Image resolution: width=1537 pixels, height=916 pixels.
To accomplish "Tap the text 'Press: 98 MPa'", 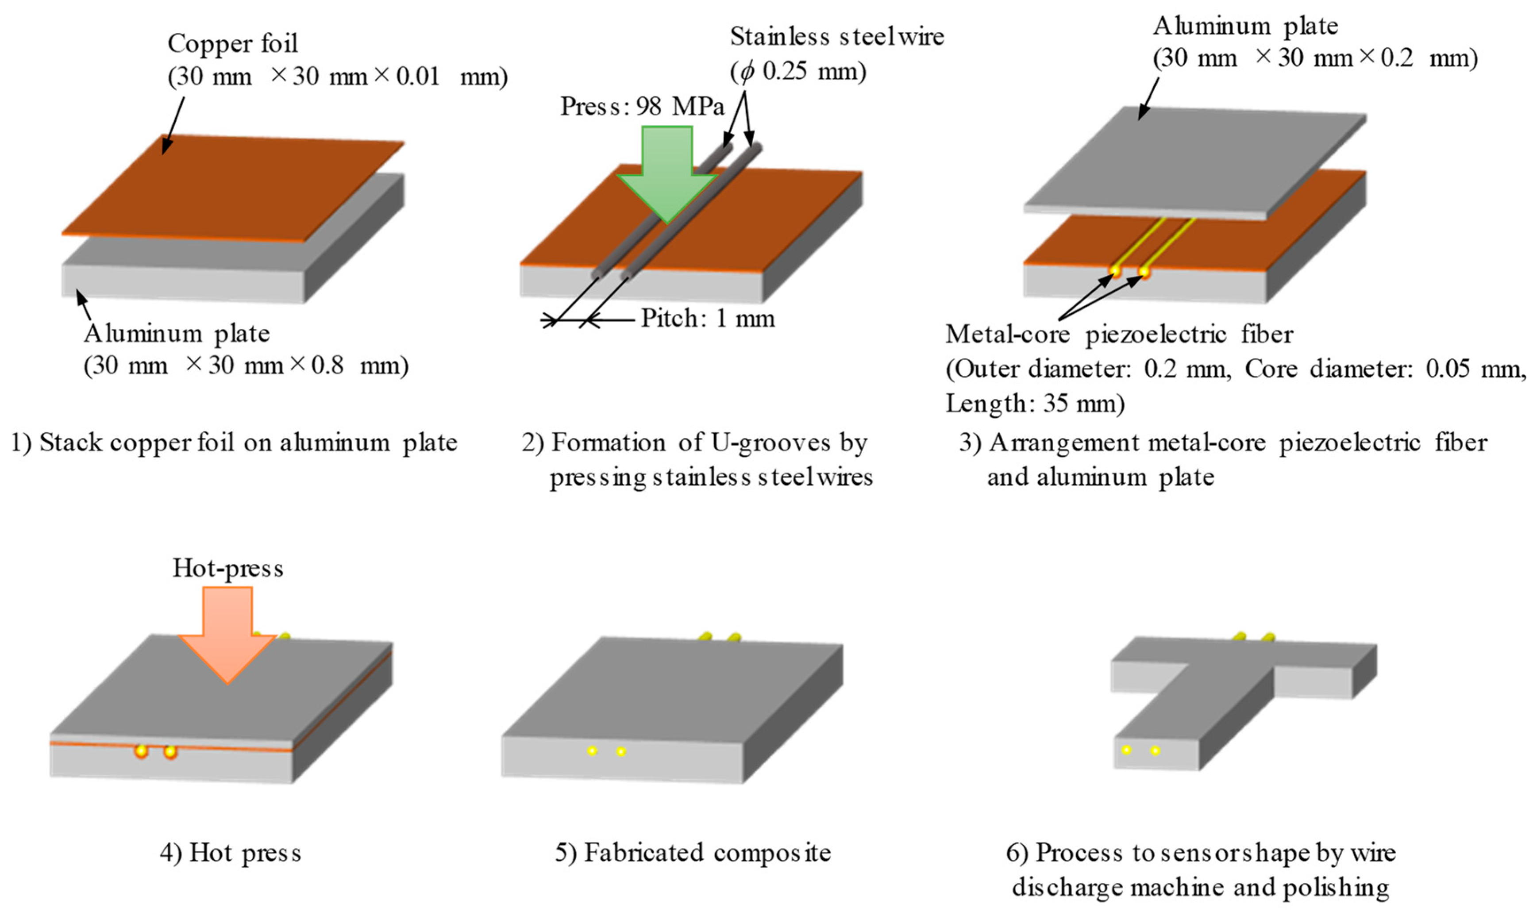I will tap(642, 106).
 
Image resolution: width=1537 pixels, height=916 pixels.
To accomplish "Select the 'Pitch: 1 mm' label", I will tap(707, 319).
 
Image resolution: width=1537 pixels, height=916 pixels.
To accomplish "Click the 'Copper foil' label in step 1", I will tap(233, 43).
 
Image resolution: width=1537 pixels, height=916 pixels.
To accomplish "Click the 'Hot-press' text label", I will tap(228, 568).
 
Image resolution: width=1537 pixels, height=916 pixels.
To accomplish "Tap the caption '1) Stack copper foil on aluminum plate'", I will tap(235, 443).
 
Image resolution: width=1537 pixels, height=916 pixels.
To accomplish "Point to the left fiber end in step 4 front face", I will tap(141, 751).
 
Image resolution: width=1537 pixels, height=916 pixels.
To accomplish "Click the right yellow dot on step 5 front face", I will tap(621, 752).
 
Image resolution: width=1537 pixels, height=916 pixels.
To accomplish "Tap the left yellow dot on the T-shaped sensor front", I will tap(1126, 750).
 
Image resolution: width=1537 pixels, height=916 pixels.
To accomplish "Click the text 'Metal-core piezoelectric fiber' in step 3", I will tap(1118, 334).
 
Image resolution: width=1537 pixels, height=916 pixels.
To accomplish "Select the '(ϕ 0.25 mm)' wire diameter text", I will tap(798, 72).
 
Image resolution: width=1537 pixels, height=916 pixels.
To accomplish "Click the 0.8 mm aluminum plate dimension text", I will tap(246, 366).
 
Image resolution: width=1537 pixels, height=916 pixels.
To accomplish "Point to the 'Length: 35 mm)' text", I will tap(1035, 404).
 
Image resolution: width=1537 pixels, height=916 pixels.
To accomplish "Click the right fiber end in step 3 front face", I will tap(1144, 272).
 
